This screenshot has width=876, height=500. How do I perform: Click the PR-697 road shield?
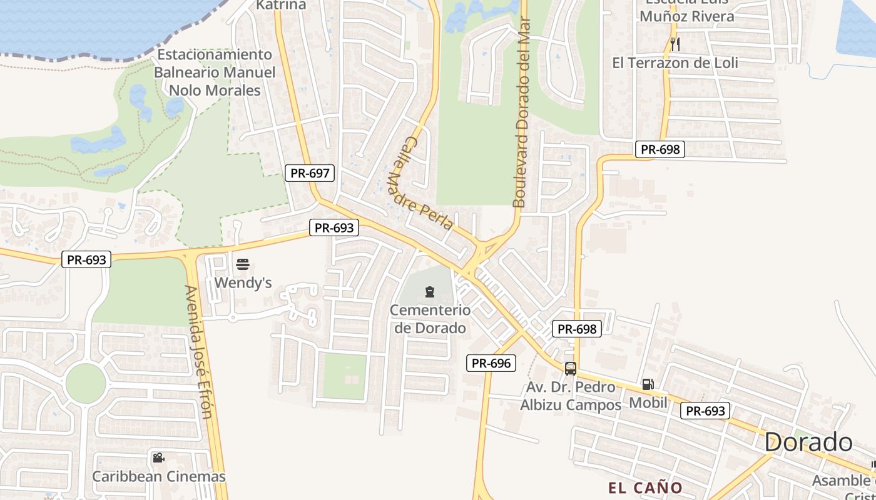pos(310,173)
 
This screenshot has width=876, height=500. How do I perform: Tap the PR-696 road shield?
pos(491,362)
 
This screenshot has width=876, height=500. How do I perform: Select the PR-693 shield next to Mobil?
pos(705,411)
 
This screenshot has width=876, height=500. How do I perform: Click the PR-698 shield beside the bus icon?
pos(576,329)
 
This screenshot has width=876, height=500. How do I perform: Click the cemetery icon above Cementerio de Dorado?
pos(430,291)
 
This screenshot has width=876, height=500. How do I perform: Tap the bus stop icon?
pos(570,368)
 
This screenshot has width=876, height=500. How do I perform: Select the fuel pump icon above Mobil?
pos(648,384)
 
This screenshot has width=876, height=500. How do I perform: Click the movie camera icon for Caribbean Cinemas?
pos(158,458)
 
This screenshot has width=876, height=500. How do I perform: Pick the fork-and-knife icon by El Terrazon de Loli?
pos(675,44)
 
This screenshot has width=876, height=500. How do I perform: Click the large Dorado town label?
pos(808,442)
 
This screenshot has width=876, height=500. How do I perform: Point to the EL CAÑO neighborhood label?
pos(645,487)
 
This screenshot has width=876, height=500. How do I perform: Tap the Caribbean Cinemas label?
pos(159,476)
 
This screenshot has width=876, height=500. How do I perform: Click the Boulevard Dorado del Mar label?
pos(521,112)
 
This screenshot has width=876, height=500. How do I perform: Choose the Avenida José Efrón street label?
pos(199,351)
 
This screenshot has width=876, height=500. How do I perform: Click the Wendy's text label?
pos(243,283)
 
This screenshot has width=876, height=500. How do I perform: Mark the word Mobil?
pos(648,402)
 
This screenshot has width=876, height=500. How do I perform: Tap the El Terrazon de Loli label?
pos(675,62)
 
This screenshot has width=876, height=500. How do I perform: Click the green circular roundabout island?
pos(85,383)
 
